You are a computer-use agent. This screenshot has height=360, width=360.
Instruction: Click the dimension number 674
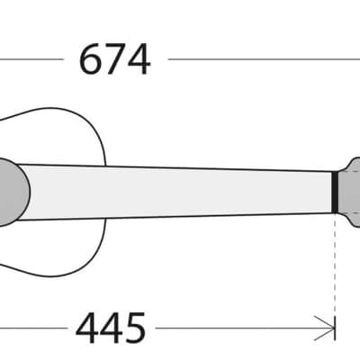coord(114,59)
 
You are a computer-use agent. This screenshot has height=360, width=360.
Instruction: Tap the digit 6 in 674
coord(89,59)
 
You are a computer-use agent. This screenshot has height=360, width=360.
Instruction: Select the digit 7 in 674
coord(114,59)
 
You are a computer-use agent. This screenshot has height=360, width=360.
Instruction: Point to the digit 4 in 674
coord(139,59)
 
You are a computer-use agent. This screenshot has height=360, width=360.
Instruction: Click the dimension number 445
coord(111,328)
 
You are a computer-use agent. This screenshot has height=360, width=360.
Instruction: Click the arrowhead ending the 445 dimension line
coord(325,328)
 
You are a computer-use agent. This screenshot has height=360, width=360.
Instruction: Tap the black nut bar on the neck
coord(335,192)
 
